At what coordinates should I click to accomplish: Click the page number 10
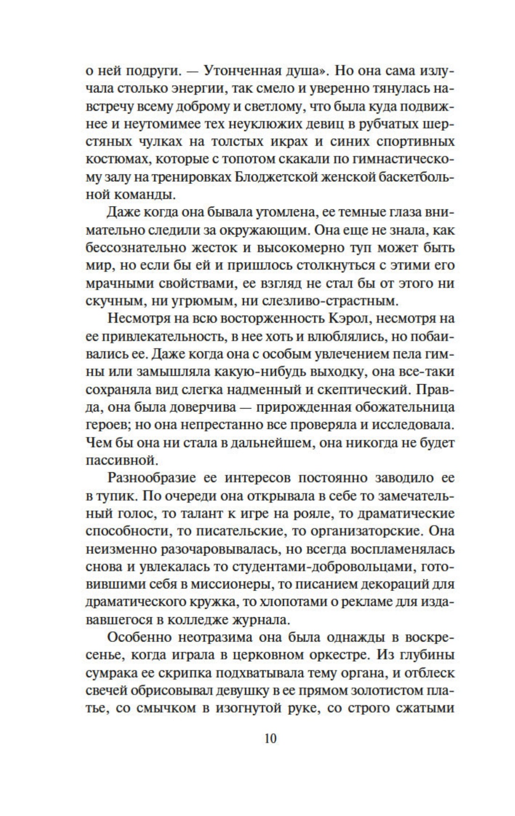pyautogui.click(x=271, y=739)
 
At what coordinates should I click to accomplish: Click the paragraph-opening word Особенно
pyautogui.click(x=140, y=638)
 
